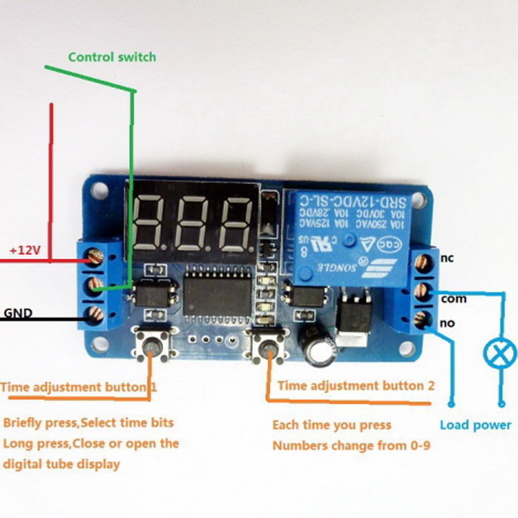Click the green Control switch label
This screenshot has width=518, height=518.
tap(112, 56)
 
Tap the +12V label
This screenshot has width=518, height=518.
tap(25, 250)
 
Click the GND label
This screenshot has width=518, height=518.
tap(18, 312)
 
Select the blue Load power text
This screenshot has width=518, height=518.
tap(475, 425)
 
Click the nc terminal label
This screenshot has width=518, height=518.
tap(447, 258)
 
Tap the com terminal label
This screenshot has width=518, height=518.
tap(453, 298)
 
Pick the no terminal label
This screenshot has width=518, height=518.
tap(447, 323)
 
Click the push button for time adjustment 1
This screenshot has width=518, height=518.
tap(150, 347)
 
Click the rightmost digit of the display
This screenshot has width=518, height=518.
tap(236, 223)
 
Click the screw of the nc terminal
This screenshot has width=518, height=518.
tap(422, 263)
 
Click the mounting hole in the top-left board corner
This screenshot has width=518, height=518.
tap(99, 191)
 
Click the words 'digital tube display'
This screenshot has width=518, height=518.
tap(61, 464)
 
